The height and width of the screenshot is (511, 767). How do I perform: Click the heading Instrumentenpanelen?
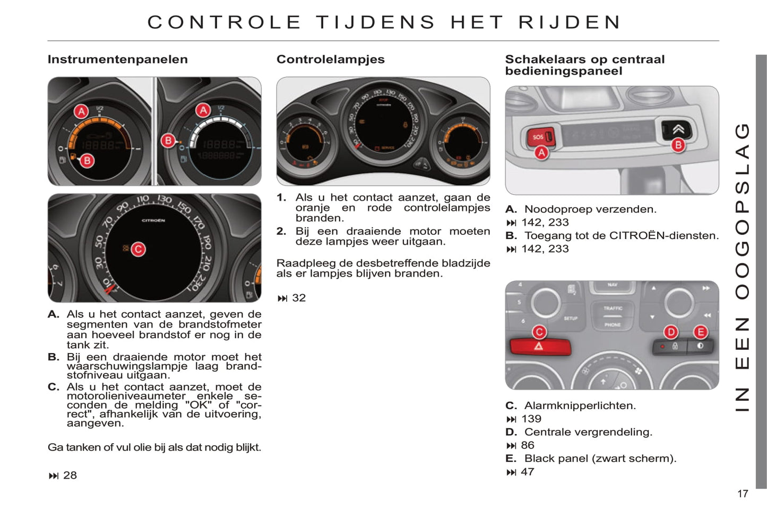click(x=118, y=59)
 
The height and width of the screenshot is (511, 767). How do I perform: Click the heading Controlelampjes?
click(x=331, y=59)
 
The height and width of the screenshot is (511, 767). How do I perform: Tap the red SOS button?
click(x=540, y=137)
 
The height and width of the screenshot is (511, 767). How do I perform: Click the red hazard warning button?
click(x=540, y=347)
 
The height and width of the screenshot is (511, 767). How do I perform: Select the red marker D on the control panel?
click(x=671, y=332)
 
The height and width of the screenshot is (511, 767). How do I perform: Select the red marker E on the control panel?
click(x=701, y=332)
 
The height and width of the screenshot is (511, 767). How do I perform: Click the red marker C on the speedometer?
click(x=139, y=249)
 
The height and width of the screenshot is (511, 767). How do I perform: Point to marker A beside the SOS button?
click(x=541, y=153)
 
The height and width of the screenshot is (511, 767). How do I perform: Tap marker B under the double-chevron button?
click(x=678, y=145)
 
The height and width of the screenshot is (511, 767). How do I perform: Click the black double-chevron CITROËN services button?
click(x=676, y=130)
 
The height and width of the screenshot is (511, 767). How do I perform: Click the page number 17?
click(x=743, y=494)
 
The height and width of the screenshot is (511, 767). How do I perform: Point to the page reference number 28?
click(x=70, y=475)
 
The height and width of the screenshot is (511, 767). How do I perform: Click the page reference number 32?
click(x=299, y=298)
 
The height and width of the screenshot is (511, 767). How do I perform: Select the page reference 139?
click(x=531, y=419)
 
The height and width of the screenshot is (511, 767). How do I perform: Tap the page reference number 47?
click(x=527, y=472)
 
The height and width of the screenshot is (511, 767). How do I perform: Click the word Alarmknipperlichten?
click(x=580, y=406)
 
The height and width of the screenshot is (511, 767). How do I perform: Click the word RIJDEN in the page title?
click(x=570, y=22)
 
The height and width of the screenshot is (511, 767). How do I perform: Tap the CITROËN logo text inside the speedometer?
click(x=153, y=221)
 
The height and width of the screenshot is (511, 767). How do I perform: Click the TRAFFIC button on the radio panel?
click(x=613, y=308)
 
